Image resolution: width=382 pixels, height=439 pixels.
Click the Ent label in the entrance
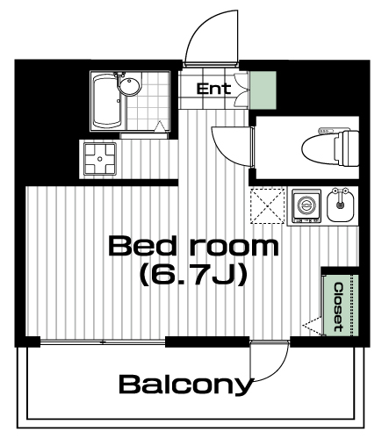pyautogui.click(x=213, y=89)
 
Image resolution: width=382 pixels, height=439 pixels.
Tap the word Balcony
pyautogui.click(x=186, y=385)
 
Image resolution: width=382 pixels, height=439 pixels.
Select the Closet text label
pyautogui.click(x=339, y=307)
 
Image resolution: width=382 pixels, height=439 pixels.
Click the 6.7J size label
pyautogui.click(x=192, y=275)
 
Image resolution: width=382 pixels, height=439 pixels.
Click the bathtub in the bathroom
pyautogui.click(x=106, y=101)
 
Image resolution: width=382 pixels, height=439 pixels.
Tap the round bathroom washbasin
pyautogui.click(x=130, y=86)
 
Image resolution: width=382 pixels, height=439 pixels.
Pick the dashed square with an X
pyautogui.click(x=268, y=206)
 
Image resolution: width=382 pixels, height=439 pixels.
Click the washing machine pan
pyautogui.click(x=100, y=159)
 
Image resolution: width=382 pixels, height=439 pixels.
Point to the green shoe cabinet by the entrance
pyautogui.click(x=263, y=90)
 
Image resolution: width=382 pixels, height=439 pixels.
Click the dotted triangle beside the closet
pyautogui.click(x=312, y=325)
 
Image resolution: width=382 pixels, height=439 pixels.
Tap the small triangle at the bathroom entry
pyautogui.click(x=160, y=126)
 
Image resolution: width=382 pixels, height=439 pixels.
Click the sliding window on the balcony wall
pyautogui.click(x=103, y=342)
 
